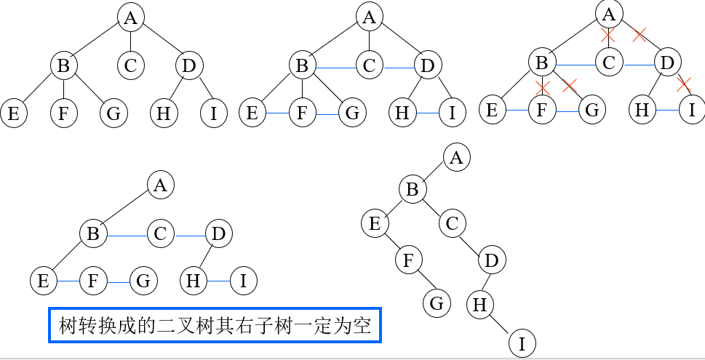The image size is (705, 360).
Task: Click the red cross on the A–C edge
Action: click(608, 34)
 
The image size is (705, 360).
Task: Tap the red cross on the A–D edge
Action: click(639, 33)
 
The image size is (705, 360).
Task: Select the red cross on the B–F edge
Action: click(542, 88)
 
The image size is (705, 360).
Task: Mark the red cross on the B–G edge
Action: click(569, 86)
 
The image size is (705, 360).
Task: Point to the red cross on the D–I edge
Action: click(682, 84)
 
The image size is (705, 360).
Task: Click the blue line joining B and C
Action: click(127, 234)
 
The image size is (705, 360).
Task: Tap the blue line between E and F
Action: click(68, 280)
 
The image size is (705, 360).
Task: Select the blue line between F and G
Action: click(118, 280)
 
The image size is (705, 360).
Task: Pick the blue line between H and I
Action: click(218, 280)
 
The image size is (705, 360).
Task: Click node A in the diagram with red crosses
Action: click(610, 12)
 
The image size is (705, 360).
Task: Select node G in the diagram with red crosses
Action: click(592, 110)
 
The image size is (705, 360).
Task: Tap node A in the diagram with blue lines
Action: click(161, 185)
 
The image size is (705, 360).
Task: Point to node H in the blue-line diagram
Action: click(194, 280)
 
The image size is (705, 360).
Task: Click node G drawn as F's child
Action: click(437, 303)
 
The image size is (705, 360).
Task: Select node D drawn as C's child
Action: click(492, 260)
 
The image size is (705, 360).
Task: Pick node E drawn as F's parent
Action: click(375, 223)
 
